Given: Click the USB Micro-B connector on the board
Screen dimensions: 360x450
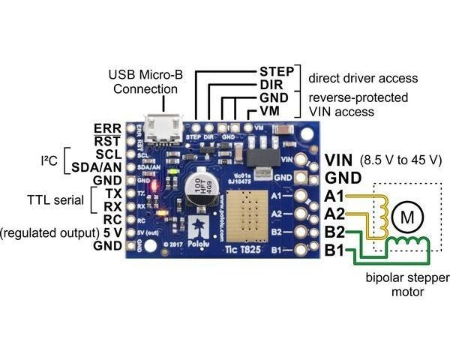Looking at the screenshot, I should (163, 127).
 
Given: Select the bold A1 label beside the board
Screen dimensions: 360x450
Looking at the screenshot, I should (336, 196).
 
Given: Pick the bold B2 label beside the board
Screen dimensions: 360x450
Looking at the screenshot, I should (336, 232).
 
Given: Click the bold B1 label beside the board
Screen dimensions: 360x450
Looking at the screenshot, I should (336, 250).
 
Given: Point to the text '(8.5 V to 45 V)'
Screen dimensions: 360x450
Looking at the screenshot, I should (401, 160).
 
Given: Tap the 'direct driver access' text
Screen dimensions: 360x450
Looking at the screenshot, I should (363, 78).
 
